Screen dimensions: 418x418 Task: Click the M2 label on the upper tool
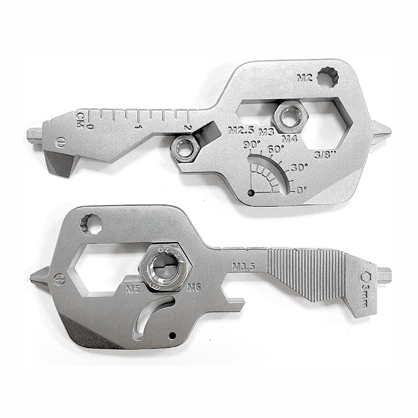click(304, 78)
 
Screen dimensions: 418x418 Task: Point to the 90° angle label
click(254, 145)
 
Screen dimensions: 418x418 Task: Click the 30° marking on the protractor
click(300, 167)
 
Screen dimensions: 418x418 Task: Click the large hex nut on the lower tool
click(165, 268)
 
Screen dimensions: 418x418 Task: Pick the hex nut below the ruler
click(185, 148)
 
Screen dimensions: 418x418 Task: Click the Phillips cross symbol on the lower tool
click(58, 280)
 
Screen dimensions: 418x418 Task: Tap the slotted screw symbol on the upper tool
click(60, 142)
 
